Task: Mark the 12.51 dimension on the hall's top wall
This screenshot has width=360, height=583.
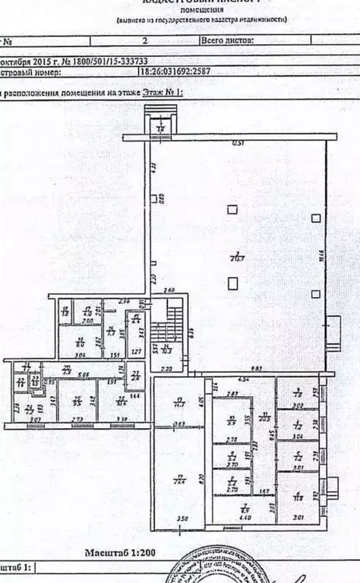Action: [x=238, y=143]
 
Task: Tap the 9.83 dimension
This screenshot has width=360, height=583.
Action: [x=258, y=369]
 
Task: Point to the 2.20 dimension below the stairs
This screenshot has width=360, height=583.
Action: [x=167, y=369]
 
